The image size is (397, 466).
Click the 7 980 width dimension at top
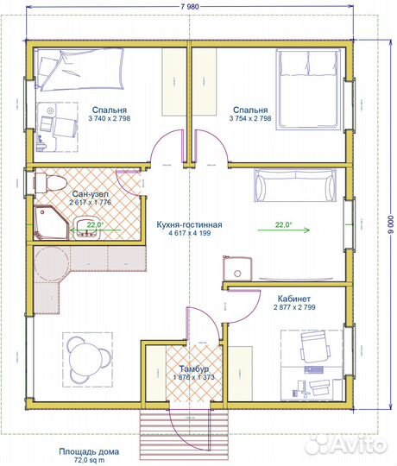point(190,7)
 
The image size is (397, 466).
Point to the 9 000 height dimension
point(391,224)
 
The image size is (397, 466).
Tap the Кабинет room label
point(294,299)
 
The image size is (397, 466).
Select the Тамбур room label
point(193,368)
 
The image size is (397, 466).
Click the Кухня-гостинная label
point(189,224)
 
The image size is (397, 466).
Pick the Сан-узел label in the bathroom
point(91,194)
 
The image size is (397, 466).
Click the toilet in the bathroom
point(50,182)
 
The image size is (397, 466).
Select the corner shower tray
point(52,223)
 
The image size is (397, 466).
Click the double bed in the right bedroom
point(308,90)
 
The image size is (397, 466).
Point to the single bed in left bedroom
point(79,70)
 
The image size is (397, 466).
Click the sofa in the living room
point(295,186)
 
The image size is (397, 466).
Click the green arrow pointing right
point(283,230)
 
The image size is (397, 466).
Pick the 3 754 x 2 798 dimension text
point(250,118)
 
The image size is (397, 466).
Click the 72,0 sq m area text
point(89,460)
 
